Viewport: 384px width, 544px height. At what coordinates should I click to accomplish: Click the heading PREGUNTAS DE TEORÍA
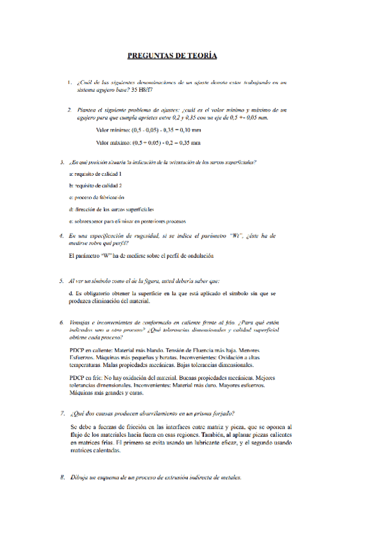click(x=172, y=56)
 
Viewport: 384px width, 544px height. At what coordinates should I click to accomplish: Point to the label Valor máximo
click(x=112, y=143)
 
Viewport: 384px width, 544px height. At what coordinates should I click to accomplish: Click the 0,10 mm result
click(x=190, y=130)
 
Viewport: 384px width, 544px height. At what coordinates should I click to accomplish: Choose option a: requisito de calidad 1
click(x=95, y=174)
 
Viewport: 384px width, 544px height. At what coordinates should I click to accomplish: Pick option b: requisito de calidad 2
click(x=95, y=185)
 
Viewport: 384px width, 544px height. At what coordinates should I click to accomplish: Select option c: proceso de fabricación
click(x=96, y=198)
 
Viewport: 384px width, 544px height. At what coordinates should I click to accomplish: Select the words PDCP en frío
click(x=85, y=378)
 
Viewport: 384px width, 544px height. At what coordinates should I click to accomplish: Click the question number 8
click(x=62, y=478)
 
